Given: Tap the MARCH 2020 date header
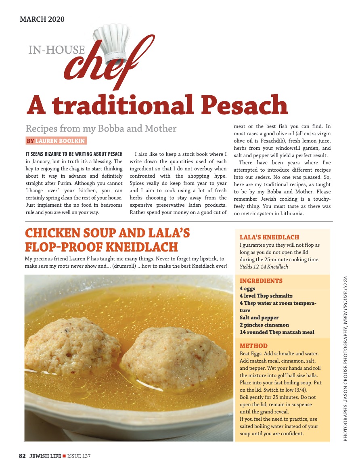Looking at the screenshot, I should pos(42,19).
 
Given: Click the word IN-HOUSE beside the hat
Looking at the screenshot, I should pos(57,50).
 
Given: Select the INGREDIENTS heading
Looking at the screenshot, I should pos(261,281).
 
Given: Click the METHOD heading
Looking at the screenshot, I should pos(253,346).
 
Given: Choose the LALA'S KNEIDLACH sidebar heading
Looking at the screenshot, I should pos(269,237).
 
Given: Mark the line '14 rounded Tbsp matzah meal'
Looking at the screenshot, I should pos(277,332).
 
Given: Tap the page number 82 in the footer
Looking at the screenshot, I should pos(22,456).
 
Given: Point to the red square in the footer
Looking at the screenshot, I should pos(64,456).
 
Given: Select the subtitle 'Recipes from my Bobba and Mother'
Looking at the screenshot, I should pos(101,129).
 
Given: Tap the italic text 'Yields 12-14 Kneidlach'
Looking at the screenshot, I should pos(264,267).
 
